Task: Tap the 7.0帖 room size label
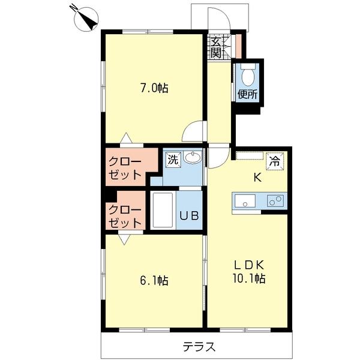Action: [x=154, y=88]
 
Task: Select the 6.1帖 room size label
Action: [x=154, y=280]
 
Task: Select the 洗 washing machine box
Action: [x=173, y=160]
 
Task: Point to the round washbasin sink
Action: [x=192, y=158]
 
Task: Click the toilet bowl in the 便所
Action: [x=247, y=76]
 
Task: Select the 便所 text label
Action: [x=247, y=94]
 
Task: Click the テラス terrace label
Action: [x=199, y=347]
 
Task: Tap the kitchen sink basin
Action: [x=244, y=200]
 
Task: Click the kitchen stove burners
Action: [x=275, y=201]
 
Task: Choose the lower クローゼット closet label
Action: [x=125, y=216]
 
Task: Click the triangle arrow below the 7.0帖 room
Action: [x=125, y=139]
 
